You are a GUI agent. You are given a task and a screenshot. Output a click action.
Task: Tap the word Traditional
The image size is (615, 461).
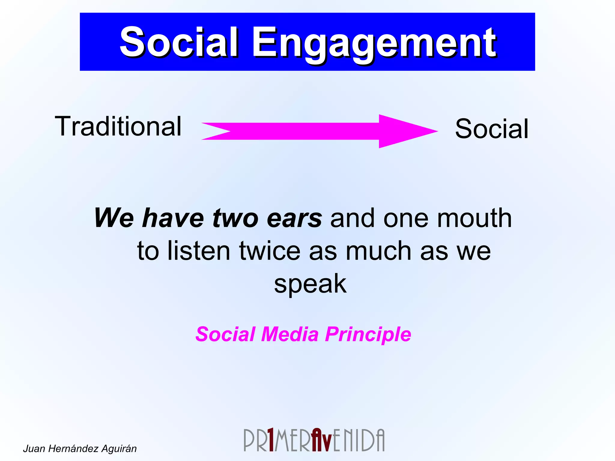coord(118,127)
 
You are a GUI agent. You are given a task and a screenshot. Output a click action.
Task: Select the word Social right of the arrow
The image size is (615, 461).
coord(492,129)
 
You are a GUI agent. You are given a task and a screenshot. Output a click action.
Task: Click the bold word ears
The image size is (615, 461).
coord(294,218)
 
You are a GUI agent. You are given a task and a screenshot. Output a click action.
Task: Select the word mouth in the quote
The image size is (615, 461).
coord(474,218)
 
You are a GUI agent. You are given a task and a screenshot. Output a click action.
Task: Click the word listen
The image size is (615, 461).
coord(199,251)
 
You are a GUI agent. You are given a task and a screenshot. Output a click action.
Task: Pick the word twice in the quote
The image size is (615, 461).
coord(270,251)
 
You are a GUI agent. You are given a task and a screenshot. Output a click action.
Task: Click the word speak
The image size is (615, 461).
coord(310,284)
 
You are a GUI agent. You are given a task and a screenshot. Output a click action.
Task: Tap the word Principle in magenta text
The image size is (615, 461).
coord(368,334)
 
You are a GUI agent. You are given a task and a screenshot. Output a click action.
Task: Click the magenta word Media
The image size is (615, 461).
coord(289,334)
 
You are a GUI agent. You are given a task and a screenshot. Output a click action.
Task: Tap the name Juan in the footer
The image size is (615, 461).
coord(34,449)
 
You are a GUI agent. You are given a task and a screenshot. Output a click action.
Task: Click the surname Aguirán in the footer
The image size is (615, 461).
coord(119,449)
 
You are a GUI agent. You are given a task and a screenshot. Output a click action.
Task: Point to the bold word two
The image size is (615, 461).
coord(235,218)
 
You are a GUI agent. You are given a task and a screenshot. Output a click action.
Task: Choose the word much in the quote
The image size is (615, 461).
coord(378,251)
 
